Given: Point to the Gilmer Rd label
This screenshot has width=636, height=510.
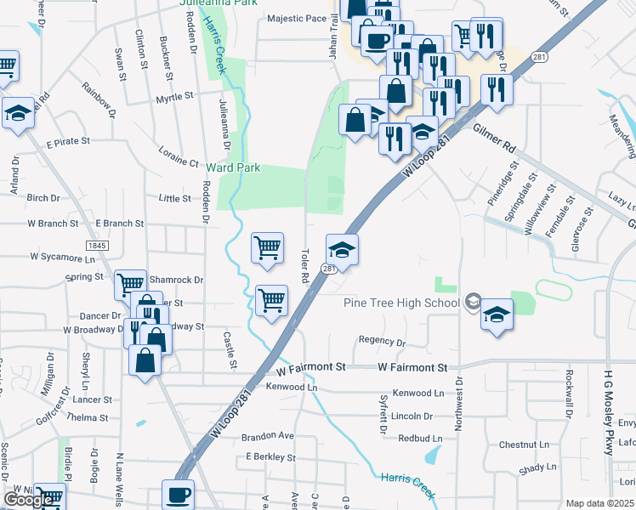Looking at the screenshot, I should click(x=496, y=136).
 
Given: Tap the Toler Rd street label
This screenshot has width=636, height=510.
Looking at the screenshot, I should click(x=304, y=266).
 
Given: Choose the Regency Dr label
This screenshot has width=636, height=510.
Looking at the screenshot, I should click(x=382, y=341).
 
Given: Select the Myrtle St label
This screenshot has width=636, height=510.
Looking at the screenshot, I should click(x=176, y=99).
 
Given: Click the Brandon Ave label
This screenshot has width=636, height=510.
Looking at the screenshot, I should click(x=267, y=436).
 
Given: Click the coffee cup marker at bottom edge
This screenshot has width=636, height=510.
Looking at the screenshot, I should click(x=179, y=494).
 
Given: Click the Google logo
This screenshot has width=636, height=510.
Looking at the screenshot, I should click(x=29, y=500).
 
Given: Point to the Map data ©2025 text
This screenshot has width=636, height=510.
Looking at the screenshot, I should click(x=600, y=504).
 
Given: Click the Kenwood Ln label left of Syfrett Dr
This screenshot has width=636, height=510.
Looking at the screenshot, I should click(x=291, y=387).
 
